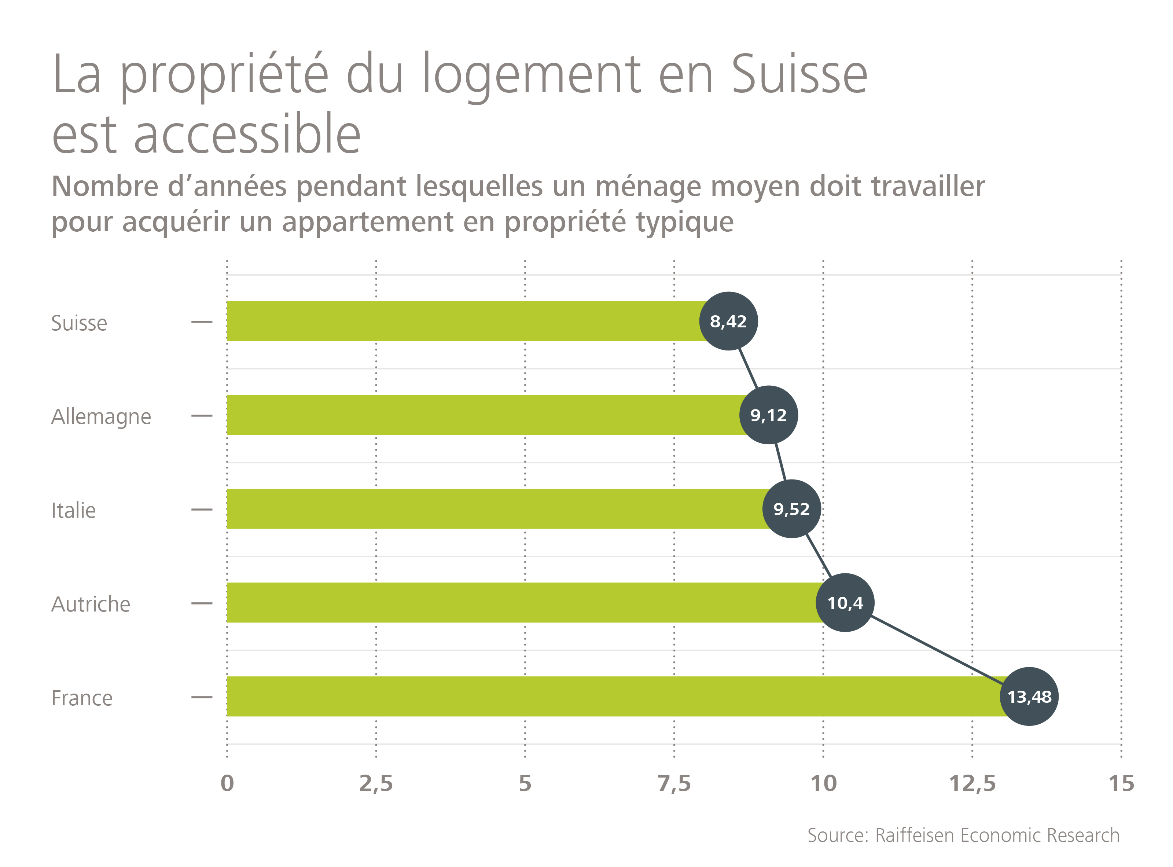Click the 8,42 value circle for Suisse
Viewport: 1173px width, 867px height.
tap(728, 321)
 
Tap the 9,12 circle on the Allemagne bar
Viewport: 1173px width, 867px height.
tap(768, 415)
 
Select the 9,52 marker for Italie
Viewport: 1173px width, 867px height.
tap(791, 509)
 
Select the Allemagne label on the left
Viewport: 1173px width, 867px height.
tap(101, 417)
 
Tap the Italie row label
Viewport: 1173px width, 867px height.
tap(73, 511)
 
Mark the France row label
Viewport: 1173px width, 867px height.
tap(82, 698)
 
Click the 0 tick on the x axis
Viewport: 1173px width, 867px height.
tap(227, 783)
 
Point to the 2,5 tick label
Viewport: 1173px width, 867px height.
tap(376, 783)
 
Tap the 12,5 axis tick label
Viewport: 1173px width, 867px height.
tap(972, 783)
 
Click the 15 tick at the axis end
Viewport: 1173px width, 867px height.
tap(1121, 783)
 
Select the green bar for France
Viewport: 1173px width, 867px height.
tap(577, 697)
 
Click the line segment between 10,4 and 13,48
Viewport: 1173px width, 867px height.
tap(937, 650)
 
